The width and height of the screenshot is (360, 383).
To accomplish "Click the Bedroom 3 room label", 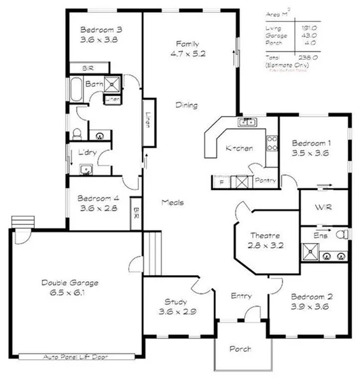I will [101, 35].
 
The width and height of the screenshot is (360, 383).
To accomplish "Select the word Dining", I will [187, 105].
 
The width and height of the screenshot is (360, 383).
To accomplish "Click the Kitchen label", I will [239, 149].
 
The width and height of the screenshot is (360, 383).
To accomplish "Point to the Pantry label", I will [264, 181].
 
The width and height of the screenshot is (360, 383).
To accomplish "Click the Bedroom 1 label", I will [311, 148].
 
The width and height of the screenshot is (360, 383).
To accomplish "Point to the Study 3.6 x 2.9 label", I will [180, 307].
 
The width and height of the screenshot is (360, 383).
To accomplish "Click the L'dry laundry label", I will [86, 152].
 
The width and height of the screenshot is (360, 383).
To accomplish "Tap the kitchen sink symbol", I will [247, 123].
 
